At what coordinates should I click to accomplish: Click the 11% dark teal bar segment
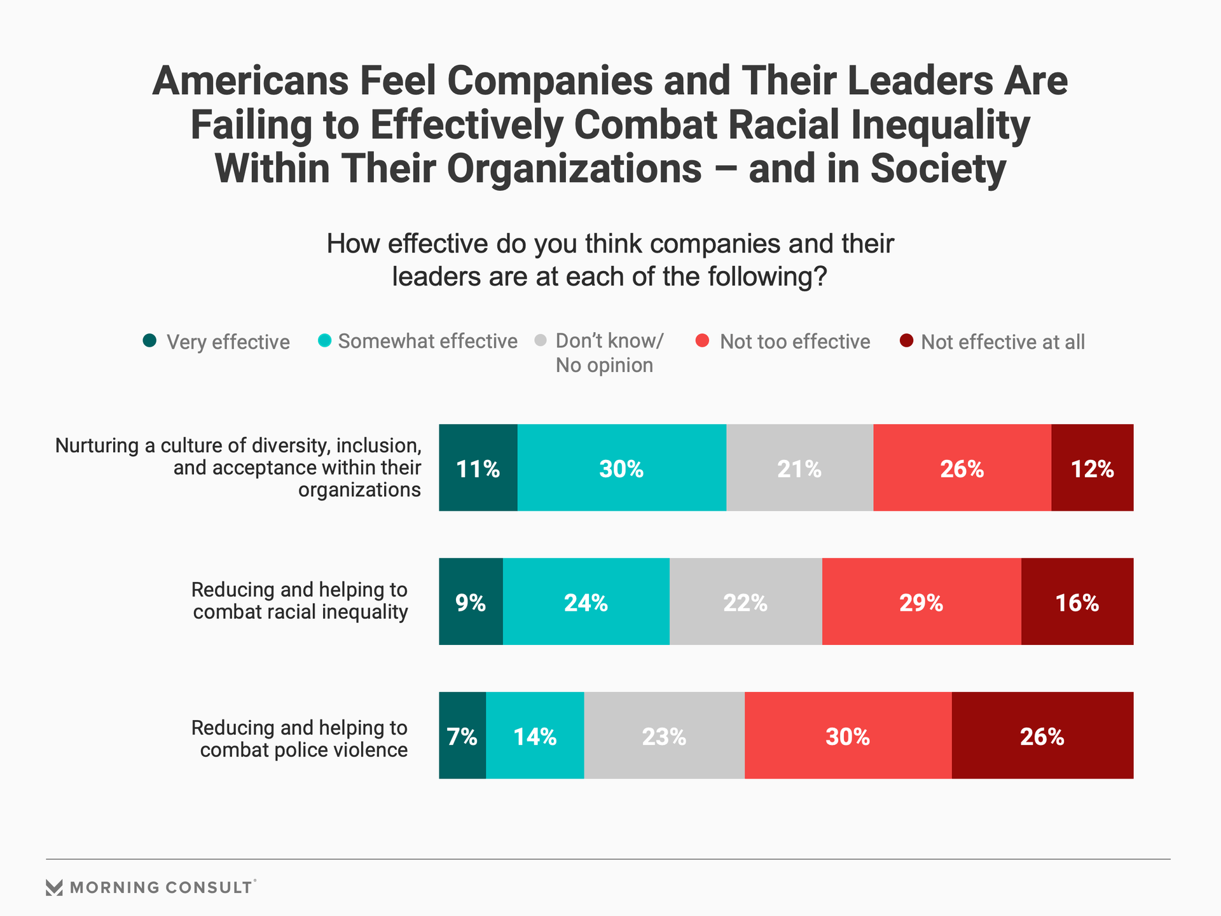478,468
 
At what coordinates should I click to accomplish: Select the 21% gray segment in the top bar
799,468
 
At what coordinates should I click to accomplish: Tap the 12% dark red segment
1092,468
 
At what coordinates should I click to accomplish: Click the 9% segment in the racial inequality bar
471,601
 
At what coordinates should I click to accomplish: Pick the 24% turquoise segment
586,601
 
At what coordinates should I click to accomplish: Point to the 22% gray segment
745,601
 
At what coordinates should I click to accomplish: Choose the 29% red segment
921,601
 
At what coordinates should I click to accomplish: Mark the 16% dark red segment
1077,601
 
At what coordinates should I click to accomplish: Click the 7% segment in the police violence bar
462,735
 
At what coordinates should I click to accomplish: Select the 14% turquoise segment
535,735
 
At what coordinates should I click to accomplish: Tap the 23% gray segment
664,735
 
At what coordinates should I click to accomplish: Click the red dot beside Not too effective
703,341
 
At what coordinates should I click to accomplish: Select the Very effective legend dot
149,341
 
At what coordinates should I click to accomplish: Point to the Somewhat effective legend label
427,342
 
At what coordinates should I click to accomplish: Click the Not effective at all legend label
1002,342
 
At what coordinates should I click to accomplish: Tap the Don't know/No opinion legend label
609,353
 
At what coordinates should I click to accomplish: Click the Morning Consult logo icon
55,887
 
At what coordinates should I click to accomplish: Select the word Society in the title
938,169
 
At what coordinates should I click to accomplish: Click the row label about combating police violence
300,739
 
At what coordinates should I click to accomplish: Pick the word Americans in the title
251,81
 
